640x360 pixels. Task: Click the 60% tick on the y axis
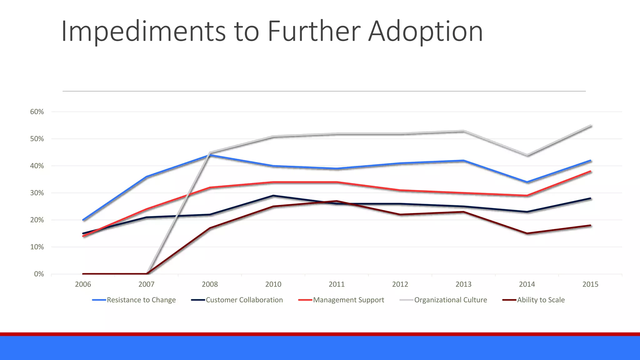(x=37, y=112)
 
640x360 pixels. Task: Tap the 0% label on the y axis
(x=39, y=274)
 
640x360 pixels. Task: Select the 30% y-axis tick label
(x=37, y=193)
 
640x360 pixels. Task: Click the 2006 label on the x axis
(x=83, y=284)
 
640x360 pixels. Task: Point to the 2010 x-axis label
(x=273, y=284)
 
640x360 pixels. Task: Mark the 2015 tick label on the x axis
(x=590, y=284)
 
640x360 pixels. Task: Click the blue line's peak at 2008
(x=210, y=155)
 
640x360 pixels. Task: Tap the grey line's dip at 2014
(x=527, y=155)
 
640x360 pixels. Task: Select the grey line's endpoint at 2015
(x=590, y=126)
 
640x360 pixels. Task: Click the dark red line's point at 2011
(x=337, y=201)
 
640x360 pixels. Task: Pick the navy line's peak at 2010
(x=273, y=196)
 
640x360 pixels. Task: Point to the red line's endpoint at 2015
(x=590, y=171)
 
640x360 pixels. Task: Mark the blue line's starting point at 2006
(x=83, y=220)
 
